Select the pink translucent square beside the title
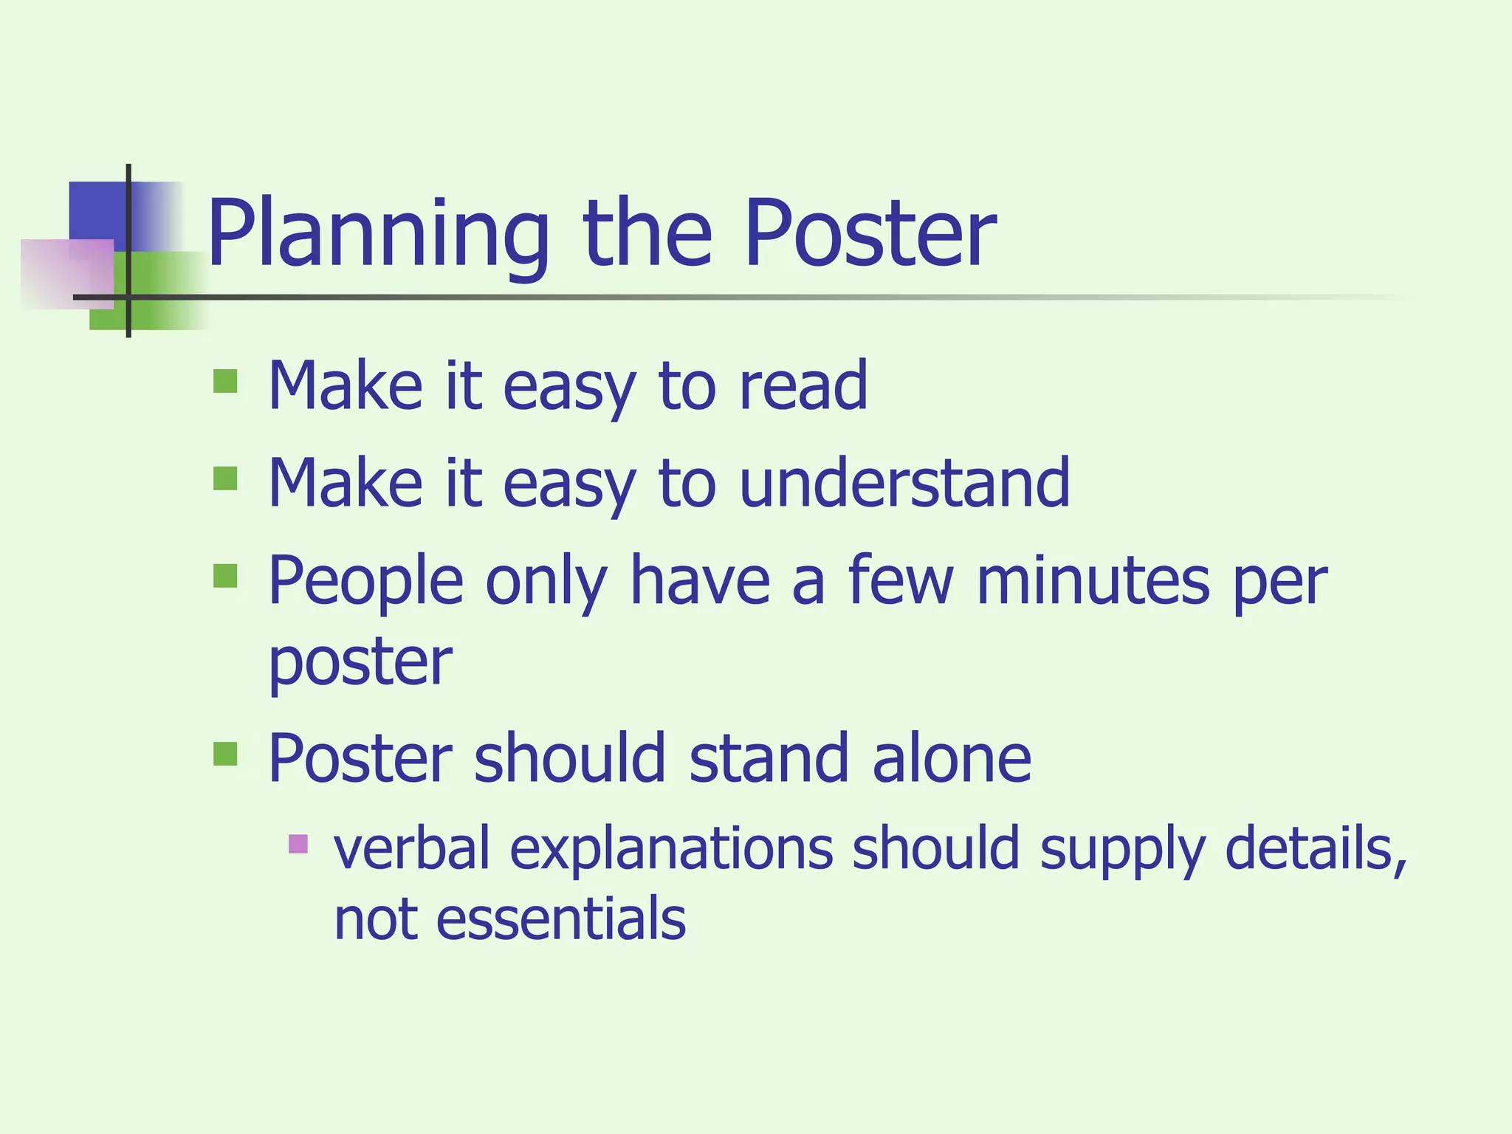click(66, 273)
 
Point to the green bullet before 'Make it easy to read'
click(225, 382)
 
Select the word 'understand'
click(904, 483)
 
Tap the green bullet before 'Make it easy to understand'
click(225, 478)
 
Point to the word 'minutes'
click(1093, 581)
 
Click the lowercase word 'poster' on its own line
click(360, 662)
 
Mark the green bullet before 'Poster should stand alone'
click(225, 754)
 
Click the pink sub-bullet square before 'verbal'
click(298, 843)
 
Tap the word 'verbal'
click(412, 849)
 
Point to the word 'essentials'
click(561, 919)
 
